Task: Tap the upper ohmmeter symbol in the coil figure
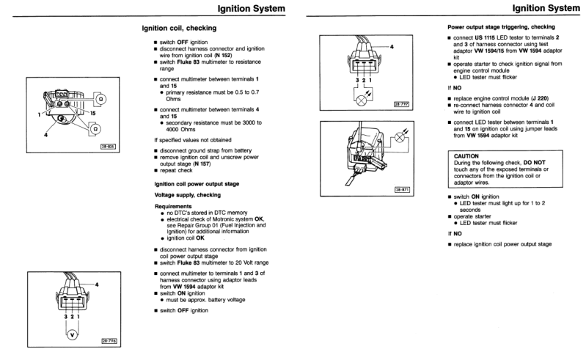(x=100, y=99)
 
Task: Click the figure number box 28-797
(x=400, y=104)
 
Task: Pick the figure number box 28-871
(x=400, y=189)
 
